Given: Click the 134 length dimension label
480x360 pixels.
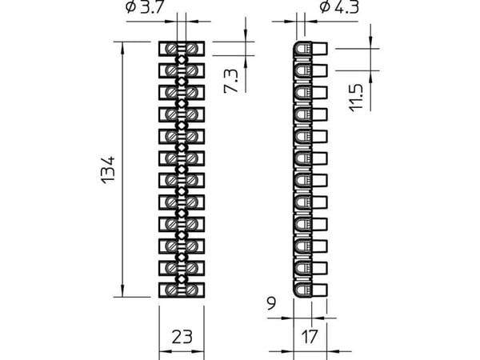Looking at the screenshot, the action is [108, 170].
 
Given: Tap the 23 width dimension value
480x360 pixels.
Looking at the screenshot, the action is [182, 337].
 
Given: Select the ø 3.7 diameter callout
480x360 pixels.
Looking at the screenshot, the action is [146, 6].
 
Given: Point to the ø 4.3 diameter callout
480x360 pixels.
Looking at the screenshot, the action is [339, 6].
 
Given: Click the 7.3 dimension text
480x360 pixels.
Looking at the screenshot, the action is [231, 81].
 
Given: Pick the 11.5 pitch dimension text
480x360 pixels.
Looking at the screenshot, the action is [356, 98].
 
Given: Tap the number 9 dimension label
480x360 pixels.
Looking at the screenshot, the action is [271, 303].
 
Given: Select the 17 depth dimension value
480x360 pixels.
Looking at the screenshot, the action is [310, 337].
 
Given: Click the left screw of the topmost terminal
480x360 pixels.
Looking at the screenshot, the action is [171, 49].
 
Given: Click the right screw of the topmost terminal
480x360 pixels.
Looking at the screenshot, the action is [192, 49].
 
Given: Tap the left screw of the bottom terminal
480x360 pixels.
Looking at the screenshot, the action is [171, 290].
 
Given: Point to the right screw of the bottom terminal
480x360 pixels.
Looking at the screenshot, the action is [192, 290].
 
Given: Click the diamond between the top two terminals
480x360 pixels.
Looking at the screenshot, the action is [182, 60].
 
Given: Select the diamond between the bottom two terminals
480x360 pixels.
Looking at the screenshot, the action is [182, 279].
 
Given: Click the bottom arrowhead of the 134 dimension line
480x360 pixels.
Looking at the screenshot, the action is [122, 291].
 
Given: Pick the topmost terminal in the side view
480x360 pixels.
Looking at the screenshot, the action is [310, 49].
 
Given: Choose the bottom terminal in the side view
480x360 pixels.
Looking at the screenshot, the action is [310, 290].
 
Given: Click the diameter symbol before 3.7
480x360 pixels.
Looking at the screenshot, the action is [130, 7].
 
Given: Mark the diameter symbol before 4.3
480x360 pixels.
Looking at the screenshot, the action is [325, 7].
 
